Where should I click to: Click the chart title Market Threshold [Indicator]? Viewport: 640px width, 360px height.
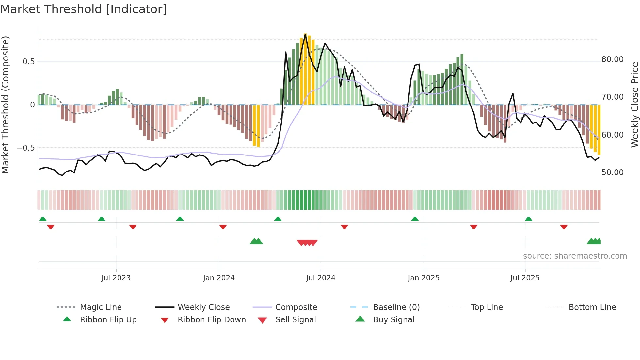pyautogui.click(x=84, y=9)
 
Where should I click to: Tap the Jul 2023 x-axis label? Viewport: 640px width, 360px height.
pyautogui.click(x=116, y=278)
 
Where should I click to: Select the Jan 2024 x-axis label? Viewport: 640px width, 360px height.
pyautogui.click(x=219, y=278)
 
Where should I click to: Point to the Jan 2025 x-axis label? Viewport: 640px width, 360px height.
pyautogui.click(x=424, y=278)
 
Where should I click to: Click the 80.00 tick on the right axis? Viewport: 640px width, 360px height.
pyautogui.click(x=612, y=59)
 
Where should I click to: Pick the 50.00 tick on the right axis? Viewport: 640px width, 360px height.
pyautogui.click(x=612, y=172)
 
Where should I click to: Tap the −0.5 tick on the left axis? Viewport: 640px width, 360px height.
pyautogui.click(x=25, y=148)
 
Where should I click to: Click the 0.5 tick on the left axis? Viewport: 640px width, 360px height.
pyautogui.click(x=28, y=62)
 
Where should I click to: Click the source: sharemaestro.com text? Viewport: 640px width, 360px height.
pyautogui.click(x=575, y=256)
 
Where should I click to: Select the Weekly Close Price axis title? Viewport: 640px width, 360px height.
pyautogui.click(x=634, y=105)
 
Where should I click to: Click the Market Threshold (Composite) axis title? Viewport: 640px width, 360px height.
pyautogui.click(x=5, y=105)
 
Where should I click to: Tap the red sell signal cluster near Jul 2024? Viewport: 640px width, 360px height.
pyautogui.click(x=307, y=243)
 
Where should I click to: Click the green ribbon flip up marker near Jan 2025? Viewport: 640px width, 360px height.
pyautogui.click(x=415, y=219)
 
